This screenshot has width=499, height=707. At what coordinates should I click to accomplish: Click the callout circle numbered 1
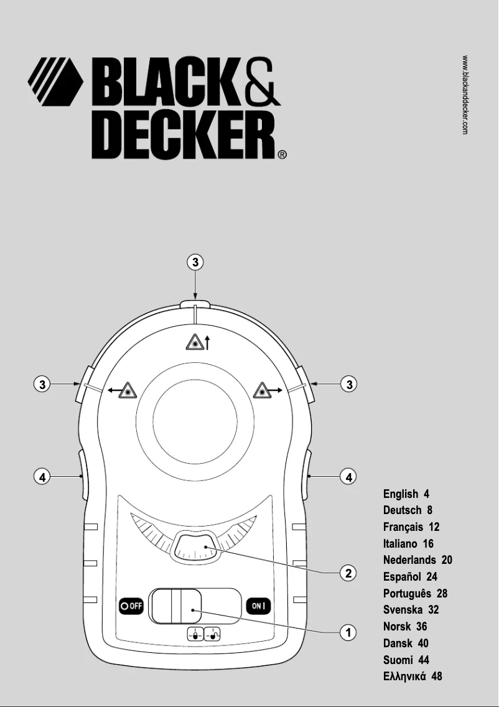click(x=350, y=633)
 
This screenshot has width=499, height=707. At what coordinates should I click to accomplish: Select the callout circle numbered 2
click(x=350, y=573)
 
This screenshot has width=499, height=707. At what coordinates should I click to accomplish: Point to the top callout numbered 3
click(x=195, y=263)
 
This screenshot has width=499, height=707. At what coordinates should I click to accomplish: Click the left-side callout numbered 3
click(x=42, y=385)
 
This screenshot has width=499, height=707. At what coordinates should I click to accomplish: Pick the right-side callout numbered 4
click(x=350, y=477)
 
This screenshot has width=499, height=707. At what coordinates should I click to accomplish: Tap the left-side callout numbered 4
click(x=42, y=477)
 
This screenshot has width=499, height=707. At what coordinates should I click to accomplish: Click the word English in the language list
click(x=401, y=494)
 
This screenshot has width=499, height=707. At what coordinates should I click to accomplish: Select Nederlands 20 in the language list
click(x=417, y=560)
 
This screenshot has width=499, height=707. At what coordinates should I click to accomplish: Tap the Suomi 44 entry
click(x=406, y=660)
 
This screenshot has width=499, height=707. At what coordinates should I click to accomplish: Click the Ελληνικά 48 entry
click(x=413, y=677)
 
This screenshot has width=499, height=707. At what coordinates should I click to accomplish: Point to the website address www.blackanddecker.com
click(x=465, y=95)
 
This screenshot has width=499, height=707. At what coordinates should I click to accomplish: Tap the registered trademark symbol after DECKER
click(x=282, y=155)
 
